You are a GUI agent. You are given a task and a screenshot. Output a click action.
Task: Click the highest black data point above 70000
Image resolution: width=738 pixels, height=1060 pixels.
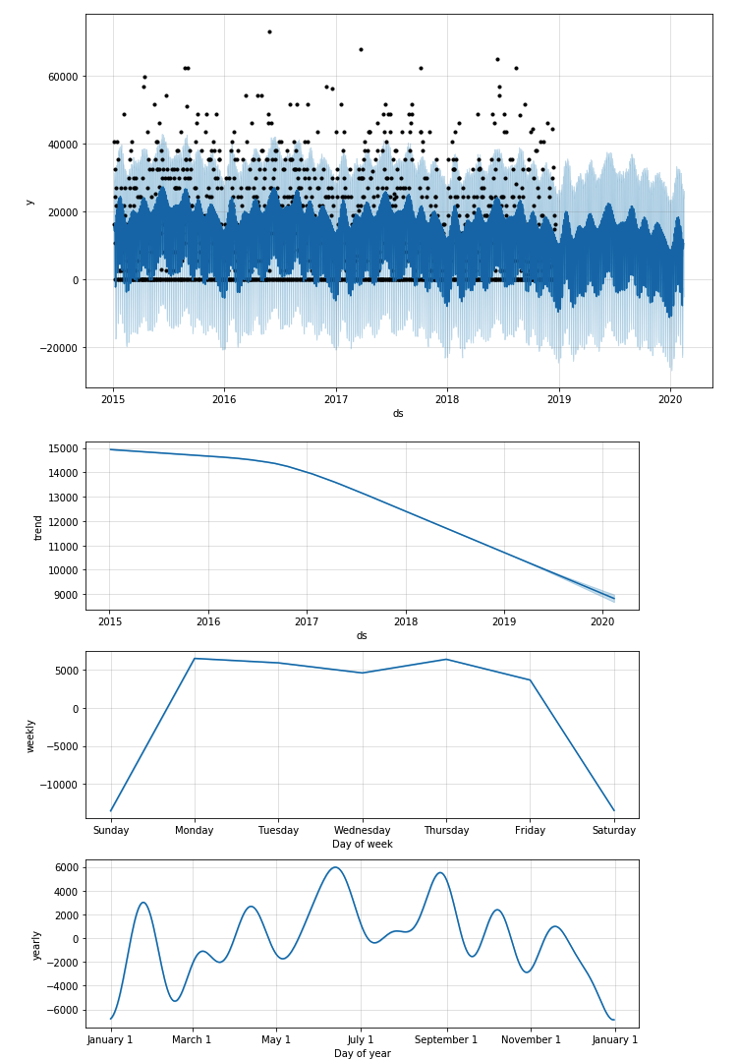pos(269,31)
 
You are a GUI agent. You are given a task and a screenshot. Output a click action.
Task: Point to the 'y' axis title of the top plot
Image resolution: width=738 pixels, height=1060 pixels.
pos(29,202)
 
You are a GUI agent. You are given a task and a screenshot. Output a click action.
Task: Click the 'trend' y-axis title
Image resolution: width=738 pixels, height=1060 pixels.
pos(39,527)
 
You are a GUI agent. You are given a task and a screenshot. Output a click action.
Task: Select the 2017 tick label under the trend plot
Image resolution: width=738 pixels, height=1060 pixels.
pos(307,621)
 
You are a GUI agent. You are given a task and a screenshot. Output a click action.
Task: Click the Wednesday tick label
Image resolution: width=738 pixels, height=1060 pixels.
pos(363,830)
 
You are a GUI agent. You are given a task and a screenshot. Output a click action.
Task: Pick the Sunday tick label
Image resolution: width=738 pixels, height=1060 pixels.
pos(110,830)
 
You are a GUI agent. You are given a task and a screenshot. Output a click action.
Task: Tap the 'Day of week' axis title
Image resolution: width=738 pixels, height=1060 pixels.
pos(362,845)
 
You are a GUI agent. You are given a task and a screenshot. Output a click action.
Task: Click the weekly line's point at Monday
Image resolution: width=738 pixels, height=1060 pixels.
pos(195,659)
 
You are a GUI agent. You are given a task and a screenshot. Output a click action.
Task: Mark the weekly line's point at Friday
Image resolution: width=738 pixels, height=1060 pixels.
pos(531,680)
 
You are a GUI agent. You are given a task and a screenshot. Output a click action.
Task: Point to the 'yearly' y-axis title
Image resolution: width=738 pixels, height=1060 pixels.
pos(36,944)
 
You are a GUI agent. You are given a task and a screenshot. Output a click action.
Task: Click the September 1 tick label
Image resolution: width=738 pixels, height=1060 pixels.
pos(446,1039)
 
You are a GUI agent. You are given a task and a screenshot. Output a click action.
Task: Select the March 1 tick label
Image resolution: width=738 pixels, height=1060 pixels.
pos(192,1039)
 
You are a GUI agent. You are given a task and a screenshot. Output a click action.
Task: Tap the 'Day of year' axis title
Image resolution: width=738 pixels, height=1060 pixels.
pos(362,1053)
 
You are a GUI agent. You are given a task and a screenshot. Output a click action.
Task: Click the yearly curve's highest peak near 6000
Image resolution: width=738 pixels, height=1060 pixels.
pos(335,867)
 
